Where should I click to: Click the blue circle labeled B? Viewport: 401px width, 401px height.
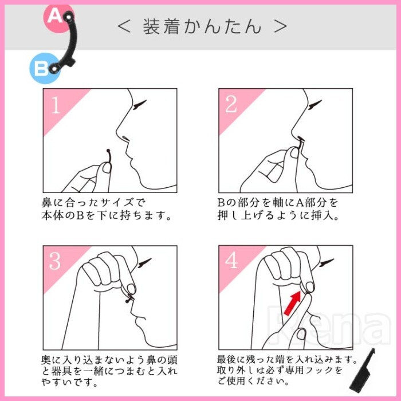pos(44,68)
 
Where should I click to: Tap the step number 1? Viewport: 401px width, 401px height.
pos(56,105)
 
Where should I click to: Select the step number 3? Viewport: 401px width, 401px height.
pos(55,261)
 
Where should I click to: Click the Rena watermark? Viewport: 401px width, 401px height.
pos(329,325)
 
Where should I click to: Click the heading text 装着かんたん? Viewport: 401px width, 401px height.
pos(202,26)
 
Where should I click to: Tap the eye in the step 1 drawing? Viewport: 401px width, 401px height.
pos(139,104)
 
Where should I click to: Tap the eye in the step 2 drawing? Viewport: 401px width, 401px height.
pos(315,105)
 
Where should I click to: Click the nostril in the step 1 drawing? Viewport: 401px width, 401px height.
pos(126,139)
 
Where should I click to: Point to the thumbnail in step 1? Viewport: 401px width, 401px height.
pos(107,168)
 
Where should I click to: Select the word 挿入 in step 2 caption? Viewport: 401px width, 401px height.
pos(323,215)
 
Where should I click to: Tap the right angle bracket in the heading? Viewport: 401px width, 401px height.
pos(280,26)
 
